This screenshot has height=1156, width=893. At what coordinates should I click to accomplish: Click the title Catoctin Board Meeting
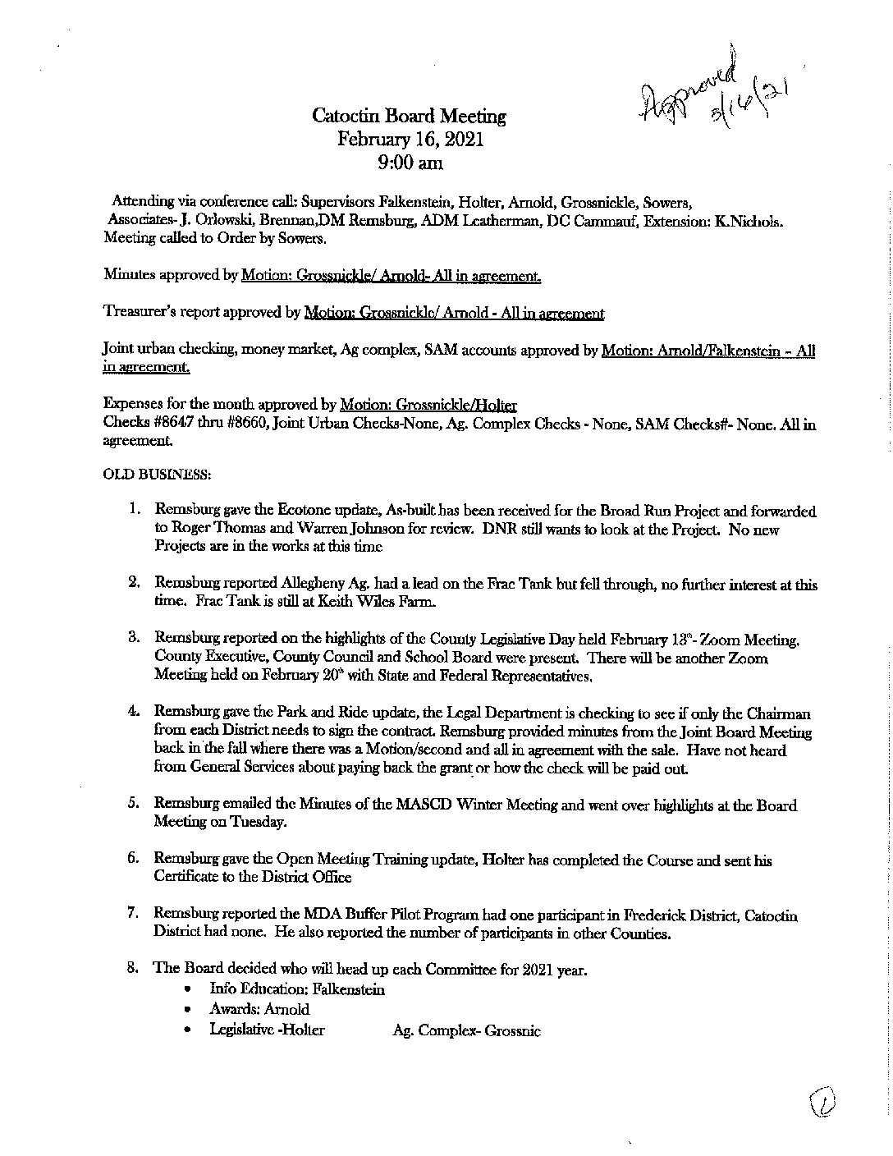tap(410, 117)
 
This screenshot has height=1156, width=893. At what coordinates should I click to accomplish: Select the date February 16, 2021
tap(410, 140)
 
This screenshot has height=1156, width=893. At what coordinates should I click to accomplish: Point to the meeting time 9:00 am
tap(410, 163)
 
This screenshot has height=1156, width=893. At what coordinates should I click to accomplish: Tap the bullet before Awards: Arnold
tap(190, 1010)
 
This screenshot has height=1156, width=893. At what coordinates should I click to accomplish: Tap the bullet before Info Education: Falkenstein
tap(190, 989)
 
